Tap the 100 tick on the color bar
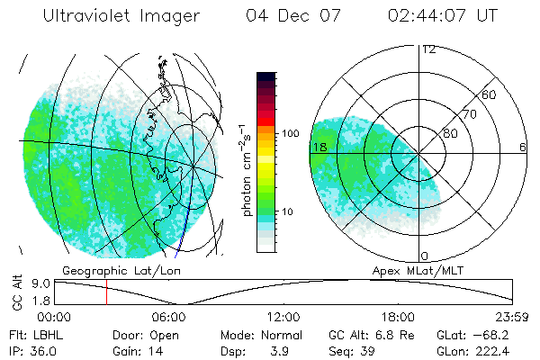pyautogui.click(x=290, y=133)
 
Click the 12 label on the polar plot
pyautogui.click(x=428, y=49)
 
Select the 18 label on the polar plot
pyautogui.click(x=319, y=147)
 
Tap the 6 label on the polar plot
pyautogui.click(x=522, y=147)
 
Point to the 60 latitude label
pyautogui.click(x=489, y=95)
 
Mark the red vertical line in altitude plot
pyautogui.click(x=106, y=292)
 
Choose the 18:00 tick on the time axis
pyautogui.click(x=399, y=316)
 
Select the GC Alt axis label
pyautogui.click(x=15, y=292)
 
